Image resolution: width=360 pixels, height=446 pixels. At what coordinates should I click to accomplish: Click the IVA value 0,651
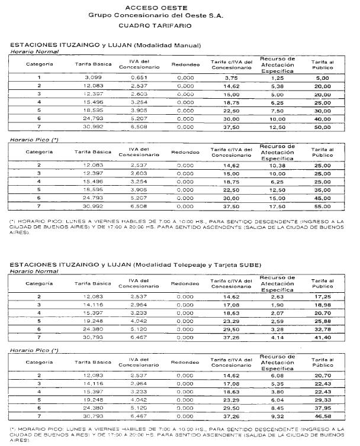click(x=137, y=77)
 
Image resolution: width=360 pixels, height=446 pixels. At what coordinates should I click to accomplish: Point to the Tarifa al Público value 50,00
click(x=322, y=127)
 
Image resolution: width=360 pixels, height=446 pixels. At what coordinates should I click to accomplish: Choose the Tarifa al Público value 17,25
click(x=322, y=295)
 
